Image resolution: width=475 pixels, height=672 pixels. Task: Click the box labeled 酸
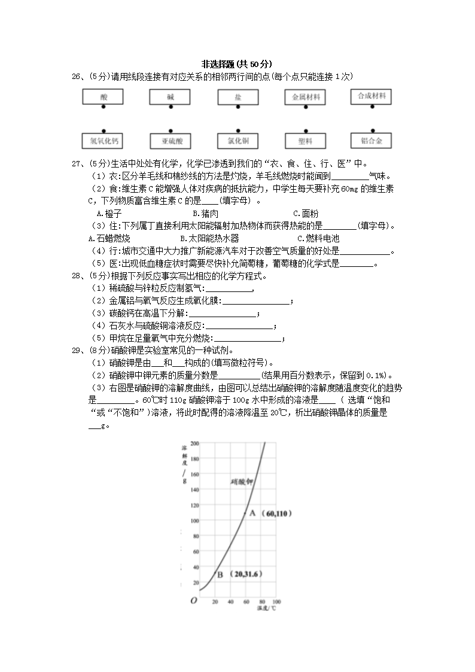click(x=103, y=97)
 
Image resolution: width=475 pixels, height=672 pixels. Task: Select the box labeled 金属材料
click(x=305, y=98)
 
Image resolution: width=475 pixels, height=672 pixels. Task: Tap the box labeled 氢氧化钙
click(x=103, y=141)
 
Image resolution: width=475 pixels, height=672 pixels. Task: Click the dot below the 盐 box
click(x=237, y=108)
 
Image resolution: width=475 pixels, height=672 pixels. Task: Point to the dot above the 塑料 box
click(x=306, y=130)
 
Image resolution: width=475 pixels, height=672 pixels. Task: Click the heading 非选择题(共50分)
click(x=237, y=64)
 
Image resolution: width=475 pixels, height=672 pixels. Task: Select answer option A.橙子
click(x=108, y=213)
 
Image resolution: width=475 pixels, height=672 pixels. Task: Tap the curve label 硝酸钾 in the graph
click(x=242, y=481)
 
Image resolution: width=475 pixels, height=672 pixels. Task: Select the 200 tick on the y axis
click(x=194, y=443)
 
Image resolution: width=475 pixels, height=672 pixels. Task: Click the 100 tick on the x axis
click(x=276, y=601)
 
